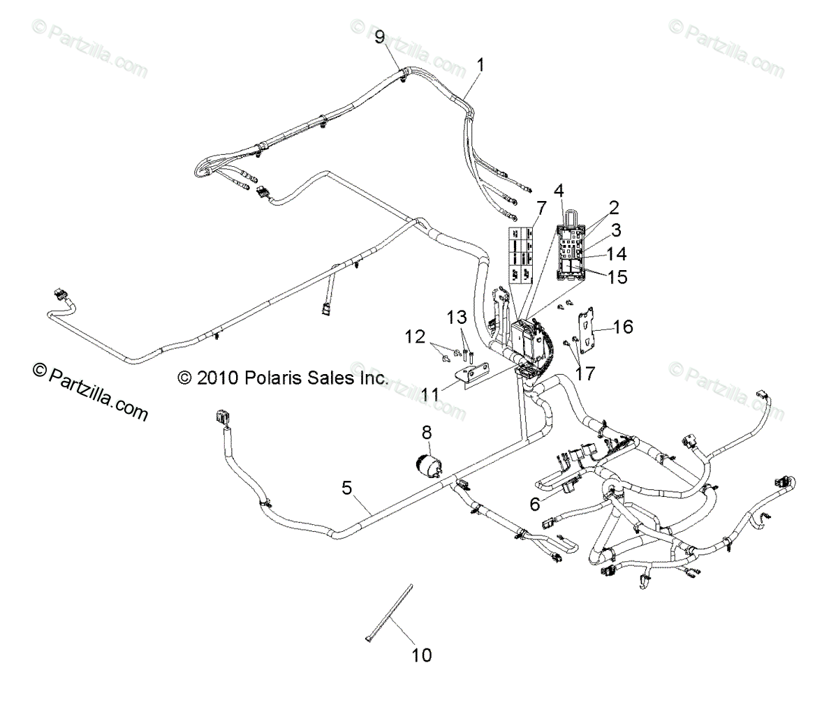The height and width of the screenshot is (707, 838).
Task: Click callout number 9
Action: (380, 37)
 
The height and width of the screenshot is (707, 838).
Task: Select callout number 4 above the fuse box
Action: (559, 190)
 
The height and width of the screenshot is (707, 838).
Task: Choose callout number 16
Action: (623, 326)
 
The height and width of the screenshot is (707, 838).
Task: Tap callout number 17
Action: (585, 373)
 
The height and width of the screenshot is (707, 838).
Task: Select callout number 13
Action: (457, 318)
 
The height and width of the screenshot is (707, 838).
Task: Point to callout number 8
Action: (427, 433)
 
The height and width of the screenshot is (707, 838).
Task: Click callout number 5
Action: (346, 489)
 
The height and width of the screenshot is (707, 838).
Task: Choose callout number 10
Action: (421, 655)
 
